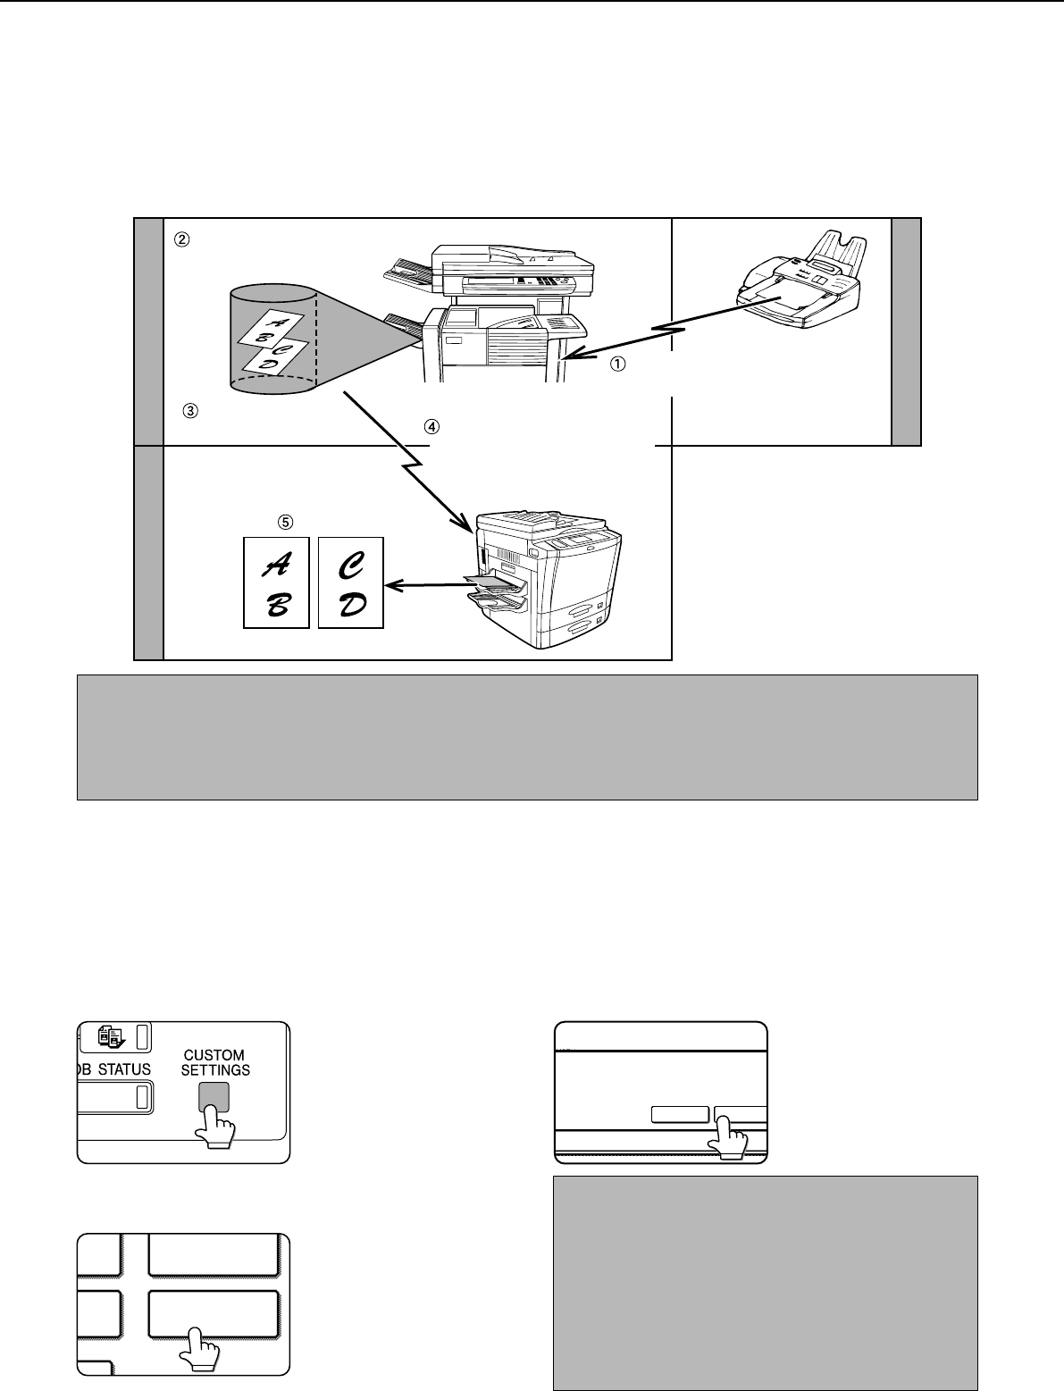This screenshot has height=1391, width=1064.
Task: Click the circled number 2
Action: [x=181, y=239]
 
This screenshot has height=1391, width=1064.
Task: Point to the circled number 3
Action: [x=189, y=412]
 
